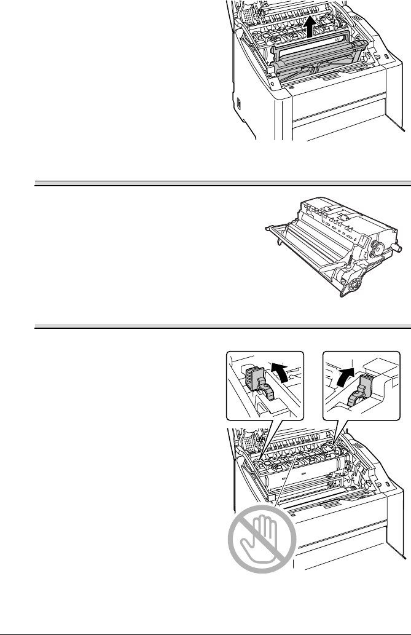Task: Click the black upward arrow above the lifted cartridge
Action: pos(313,25)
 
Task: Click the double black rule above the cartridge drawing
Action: pos(221,183)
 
